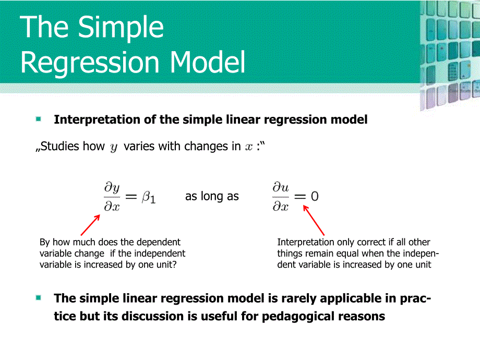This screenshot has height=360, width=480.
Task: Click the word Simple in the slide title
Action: click(120, 28)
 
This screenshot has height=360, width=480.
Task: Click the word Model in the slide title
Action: click(208, 63)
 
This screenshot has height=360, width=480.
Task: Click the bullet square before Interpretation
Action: click(39, 119)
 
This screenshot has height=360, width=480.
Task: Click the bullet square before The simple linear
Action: click(39, 298)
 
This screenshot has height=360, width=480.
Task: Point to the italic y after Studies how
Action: click(114, 148)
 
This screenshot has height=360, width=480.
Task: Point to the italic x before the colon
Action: click(249, 147)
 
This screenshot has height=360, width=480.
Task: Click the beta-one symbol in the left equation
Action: click(149, 197)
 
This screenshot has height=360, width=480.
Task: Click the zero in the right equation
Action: click(314, 197)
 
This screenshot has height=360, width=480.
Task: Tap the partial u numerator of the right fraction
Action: click(280, 187)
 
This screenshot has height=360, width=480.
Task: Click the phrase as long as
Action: click(212, 197)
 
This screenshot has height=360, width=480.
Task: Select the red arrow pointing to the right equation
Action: click(314, 220)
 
